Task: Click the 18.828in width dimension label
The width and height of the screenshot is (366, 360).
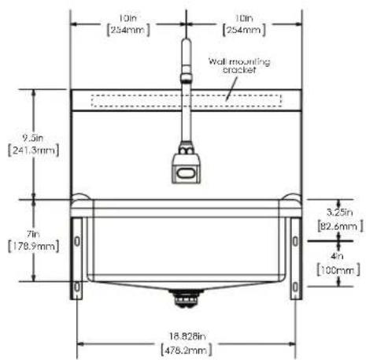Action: (187, 336)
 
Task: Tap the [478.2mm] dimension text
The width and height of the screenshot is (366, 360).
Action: (186, 350)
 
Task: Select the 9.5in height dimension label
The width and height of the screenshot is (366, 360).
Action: (33, 138)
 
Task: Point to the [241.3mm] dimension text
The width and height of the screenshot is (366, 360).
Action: (33, 150)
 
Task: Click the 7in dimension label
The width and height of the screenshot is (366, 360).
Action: (33, 234)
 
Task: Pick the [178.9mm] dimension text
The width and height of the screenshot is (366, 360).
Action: (33, 247)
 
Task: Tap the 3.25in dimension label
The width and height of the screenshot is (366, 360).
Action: (339, 212)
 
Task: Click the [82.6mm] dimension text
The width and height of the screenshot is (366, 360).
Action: (340, 226)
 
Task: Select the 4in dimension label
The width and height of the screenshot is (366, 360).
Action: (337, 256)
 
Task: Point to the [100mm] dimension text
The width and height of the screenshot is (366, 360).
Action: (338, 269)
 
